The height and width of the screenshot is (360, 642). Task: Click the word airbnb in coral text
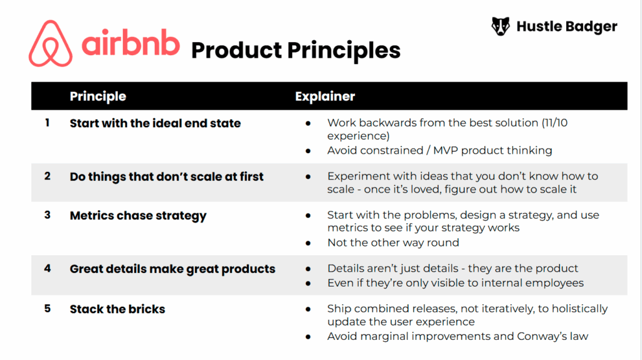coord(130,44)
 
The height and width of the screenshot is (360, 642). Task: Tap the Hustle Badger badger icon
coord(500,26)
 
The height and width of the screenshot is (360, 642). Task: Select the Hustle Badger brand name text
coord(566,26)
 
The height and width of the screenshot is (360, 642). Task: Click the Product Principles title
coord(295,50)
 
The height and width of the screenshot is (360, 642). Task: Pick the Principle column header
coord(98,96)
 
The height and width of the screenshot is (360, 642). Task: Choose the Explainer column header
coord(325,96)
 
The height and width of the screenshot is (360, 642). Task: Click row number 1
coord(47,123)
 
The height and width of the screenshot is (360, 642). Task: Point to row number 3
coord(47,215)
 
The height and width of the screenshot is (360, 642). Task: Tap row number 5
coord(47,309)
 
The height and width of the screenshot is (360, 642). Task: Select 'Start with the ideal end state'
coord(155,123)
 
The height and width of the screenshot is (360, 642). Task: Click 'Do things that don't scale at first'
coord(166,176)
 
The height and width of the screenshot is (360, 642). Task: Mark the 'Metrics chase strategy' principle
coord(138,216)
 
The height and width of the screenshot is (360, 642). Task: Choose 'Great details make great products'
coord(172,269)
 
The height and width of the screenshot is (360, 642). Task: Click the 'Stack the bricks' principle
coord(117,309)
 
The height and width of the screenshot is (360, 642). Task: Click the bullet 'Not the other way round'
coord(392,242)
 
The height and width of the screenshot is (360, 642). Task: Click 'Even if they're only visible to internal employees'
coord(455,282)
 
